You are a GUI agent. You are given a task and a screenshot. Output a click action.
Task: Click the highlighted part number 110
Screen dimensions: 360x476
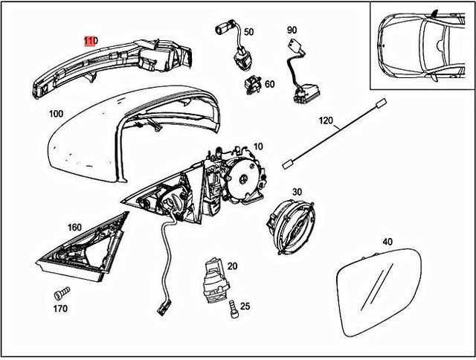pos(90,40)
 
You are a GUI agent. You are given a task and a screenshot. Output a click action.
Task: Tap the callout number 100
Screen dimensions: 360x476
pos(55,114)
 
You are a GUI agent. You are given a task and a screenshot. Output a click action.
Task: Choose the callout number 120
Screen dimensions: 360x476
pos(327,120)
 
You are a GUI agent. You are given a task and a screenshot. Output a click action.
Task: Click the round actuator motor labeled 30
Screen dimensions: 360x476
pos(292,222)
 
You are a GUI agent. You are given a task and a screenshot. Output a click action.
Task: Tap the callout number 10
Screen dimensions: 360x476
pos(258,147)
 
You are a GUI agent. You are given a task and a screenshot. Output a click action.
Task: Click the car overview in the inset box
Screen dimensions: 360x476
pos(420,45)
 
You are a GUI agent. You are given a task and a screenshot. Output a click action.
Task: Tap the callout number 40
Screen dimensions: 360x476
pos(387,242)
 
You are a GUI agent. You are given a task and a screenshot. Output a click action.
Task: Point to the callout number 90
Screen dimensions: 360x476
pos(292,30)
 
